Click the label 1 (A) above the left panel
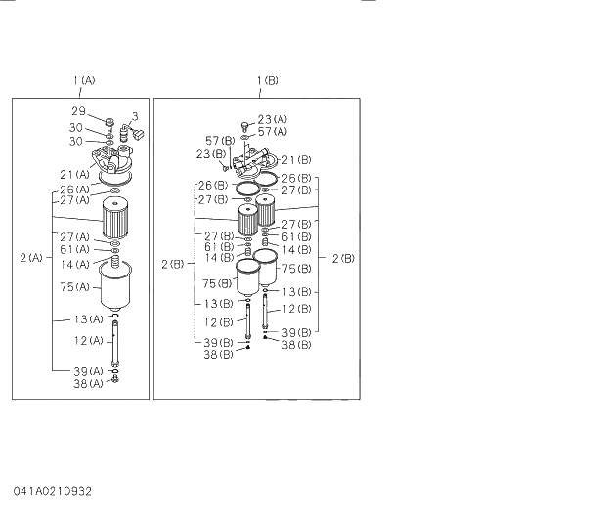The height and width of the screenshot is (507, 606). (83, 79)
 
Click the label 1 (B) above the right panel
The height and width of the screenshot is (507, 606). (267, 79)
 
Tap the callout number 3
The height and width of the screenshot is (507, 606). (135, 115)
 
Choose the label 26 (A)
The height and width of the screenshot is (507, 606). (74, 189)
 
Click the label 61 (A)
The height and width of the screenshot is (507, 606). (74, 249)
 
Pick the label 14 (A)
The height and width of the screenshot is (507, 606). (74, 264)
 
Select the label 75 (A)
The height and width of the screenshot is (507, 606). (74, 286)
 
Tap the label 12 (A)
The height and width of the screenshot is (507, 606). (88, 340)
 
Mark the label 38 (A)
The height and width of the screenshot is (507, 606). (88, 384)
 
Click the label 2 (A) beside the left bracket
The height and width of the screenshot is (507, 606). (30, 257)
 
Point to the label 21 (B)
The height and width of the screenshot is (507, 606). (296, 159)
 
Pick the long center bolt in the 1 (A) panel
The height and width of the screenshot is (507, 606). (115, 342)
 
